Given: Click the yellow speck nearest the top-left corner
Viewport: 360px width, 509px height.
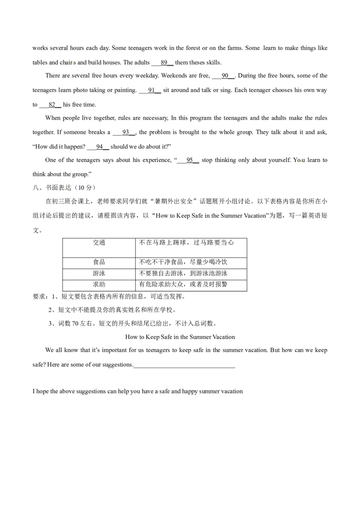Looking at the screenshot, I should (x=72, y=63).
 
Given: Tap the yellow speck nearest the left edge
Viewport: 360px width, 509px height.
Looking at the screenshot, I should (x=64, y=189).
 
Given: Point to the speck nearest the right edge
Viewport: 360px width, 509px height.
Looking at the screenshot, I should (x=301, y=162).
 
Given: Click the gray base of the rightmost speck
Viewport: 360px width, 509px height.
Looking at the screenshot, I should (x=301, y=164).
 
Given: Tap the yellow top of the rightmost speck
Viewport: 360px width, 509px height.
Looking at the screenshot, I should (x=301, y=160).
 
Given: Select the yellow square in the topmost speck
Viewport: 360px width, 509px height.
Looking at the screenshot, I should (x=262, y=49).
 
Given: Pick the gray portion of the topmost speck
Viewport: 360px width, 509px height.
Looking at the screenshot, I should (x=261, y=48).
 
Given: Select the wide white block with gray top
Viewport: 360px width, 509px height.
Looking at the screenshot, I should (x=153, y=251).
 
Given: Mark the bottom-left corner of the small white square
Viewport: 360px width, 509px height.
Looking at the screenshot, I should (x=234, y=248).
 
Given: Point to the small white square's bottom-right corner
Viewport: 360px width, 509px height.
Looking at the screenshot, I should (x=244, y=248).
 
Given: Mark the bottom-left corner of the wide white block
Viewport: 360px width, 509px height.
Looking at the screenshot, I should (x=137, y=255).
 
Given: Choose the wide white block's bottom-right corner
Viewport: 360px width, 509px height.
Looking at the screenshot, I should (x=169, y=255).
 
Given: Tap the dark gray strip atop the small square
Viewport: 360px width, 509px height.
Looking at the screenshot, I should (x=239, y=240).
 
